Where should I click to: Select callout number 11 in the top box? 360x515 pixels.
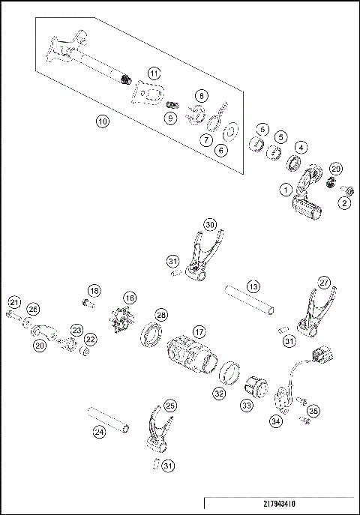(x=154, y=73)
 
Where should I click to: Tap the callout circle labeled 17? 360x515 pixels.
(x=199, y=330)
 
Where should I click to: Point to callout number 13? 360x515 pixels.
(x=253, y=286)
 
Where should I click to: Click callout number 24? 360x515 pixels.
(x=99, y=431)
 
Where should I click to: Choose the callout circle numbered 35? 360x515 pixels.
(x=313, y=410)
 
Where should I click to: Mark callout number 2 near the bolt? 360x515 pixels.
(x=346, y=202)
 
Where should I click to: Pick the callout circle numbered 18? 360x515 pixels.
(x=94, y=290)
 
